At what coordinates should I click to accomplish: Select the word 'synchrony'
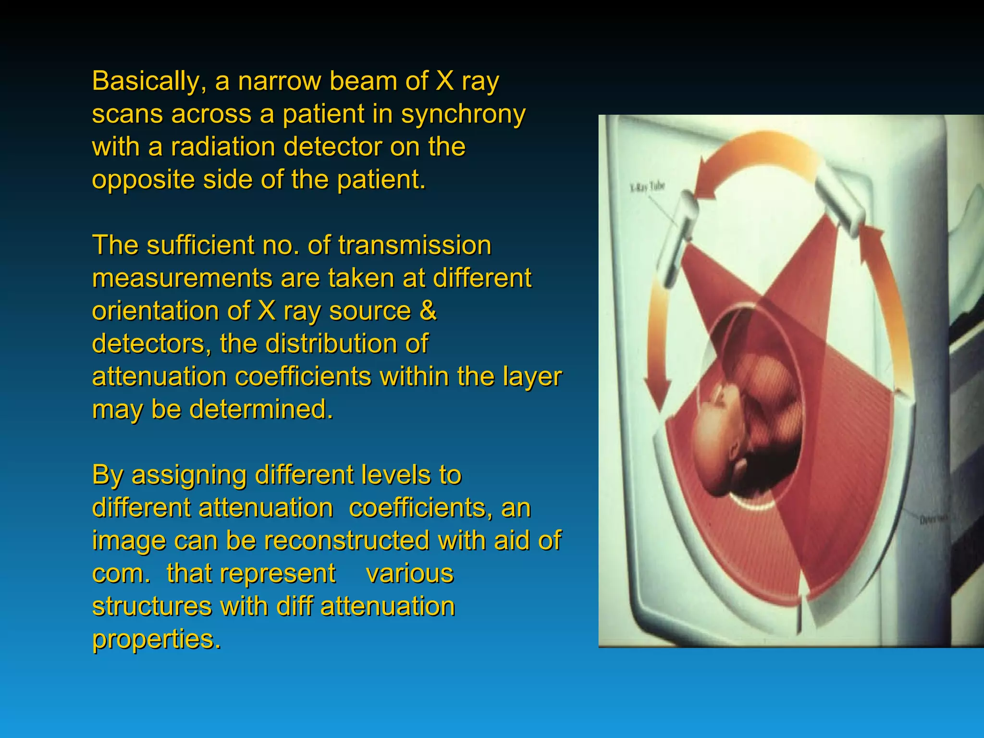pyautogui.click(x=463, y=114)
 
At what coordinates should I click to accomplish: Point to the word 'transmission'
pyautogui.click(x=415, y=245)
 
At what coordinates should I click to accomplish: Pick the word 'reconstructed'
pyautogui.click(x=346, y=541)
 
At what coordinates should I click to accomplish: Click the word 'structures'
pyautogui.click(x=152, y=606)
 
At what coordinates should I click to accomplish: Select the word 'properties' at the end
pyautogui.click(x=156, y=639)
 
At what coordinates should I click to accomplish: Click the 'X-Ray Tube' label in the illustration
pyautogui.click(x=647, y=186)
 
